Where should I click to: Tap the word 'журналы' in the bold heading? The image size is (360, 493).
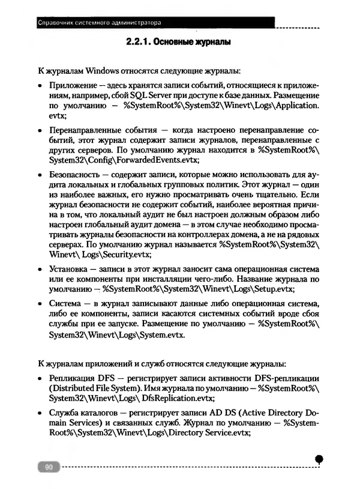(211, 44)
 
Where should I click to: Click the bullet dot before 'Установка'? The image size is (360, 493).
(40, 269)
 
